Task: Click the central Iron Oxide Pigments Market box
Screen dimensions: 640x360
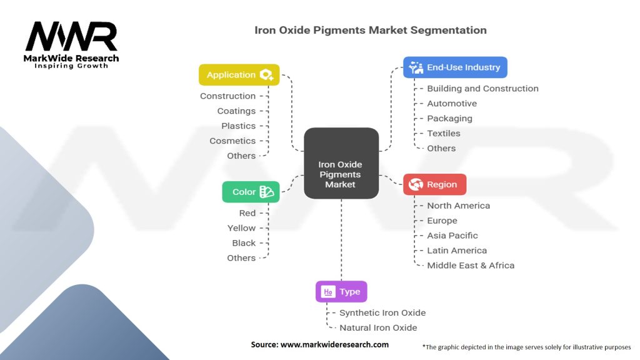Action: (341, 164)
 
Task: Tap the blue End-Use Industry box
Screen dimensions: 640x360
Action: (455, 67)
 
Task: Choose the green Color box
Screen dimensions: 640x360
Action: (251, 192)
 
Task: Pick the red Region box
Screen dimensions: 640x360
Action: (434, 184)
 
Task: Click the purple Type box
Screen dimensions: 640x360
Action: (341, 292)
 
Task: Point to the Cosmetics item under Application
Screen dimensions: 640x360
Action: (232, 141)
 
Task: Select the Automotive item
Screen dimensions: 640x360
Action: (452, 103)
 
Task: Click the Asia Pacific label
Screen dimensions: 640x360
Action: (452, 236)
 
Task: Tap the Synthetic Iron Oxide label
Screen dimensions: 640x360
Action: (382, 312)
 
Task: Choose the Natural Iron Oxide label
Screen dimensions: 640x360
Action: (378, 327)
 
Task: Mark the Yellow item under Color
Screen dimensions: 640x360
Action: (241, 228)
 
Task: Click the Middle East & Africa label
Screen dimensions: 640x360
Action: (471, 265)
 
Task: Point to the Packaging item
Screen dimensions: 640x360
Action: (449, 118)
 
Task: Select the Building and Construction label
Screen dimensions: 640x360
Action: (482, 88)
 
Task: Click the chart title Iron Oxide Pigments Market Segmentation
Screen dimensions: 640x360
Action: (371, 29)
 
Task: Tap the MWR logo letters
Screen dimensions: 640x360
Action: (71, 37)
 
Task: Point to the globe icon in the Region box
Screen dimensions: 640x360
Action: (416, 184)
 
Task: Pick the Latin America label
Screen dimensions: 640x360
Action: (457, 250)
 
